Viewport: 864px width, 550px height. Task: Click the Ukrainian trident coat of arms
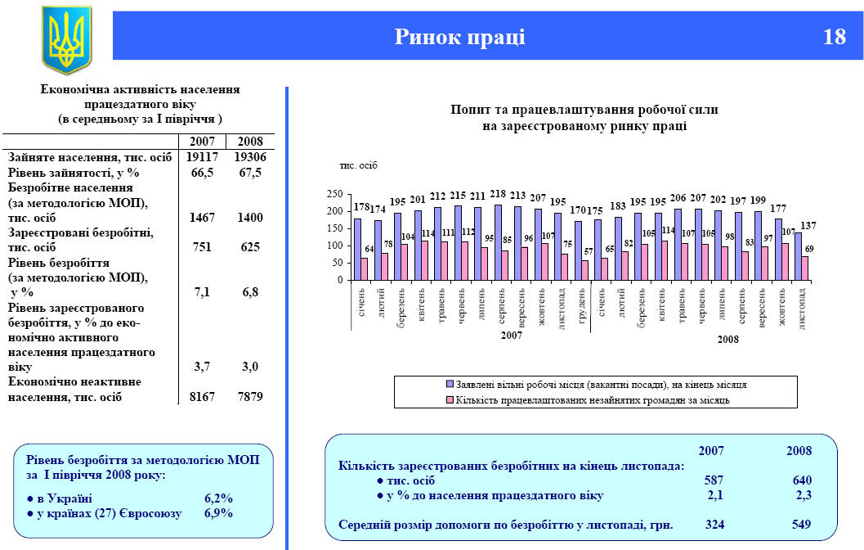click(x=66, y=39)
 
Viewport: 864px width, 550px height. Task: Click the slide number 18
click(x=835, y=37)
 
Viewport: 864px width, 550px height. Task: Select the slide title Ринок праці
click(x=459, y=37)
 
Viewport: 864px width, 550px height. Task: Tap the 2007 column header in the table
click(x=202, y=141)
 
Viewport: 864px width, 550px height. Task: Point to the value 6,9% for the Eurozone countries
click(x=218, y=513)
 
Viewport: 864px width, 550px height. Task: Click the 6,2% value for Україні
click(x=218, y=498)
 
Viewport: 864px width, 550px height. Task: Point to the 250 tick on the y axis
click(x=334, y=194)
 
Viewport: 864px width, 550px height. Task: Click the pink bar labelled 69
click(x=806, y=268)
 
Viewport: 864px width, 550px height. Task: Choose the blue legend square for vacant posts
click(x=449, y=384)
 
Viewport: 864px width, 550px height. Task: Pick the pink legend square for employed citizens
click(x=449, y=400)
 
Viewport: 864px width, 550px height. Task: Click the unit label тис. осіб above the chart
click(x=358, y=166)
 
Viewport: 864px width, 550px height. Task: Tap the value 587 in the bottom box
click(x=714, y=480)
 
